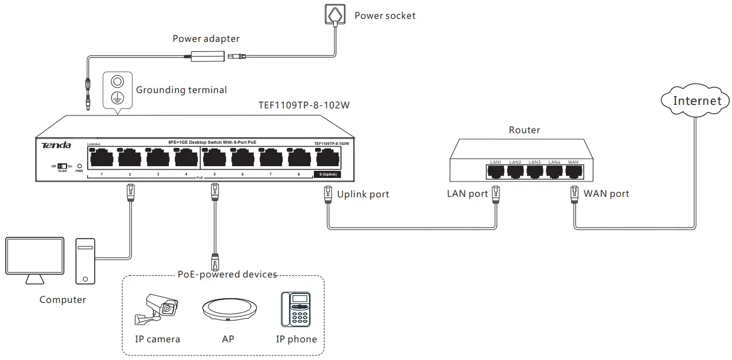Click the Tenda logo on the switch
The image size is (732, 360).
point(56,146)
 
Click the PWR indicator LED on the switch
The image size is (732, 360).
point(80,167)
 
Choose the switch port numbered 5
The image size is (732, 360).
point(214,158)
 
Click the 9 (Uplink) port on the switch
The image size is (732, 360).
point(328,158)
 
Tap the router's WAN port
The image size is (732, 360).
point(574,171)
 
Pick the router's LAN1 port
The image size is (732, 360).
point(495,171)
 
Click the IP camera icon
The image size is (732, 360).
point(155,309)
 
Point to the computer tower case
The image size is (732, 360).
point(85,261)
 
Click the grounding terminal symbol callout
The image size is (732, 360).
point(117,90)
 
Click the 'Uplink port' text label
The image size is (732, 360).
point(363,194)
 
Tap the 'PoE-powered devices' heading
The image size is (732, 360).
point(227,275)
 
